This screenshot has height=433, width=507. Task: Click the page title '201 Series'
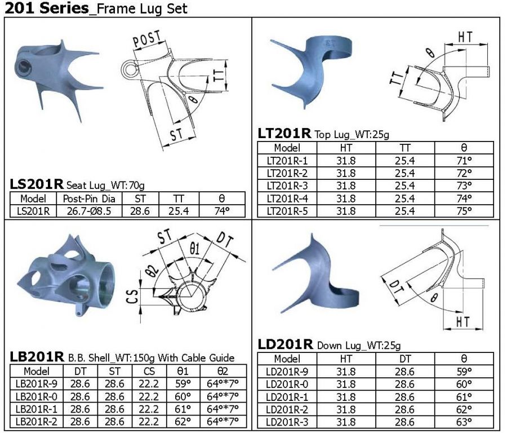pos(47,8)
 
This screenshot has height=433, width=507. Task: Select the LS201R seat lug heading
pos(36,184)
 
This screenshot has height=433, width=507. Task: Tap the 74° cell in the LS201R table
pos(222,211)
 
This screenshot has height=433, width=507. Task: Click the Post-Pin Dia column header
pos(89,198)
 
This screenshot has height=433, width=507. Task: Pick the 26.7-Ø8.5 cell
pos(89,211)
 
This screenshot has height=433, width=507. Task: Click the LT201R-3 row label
pos(287,185)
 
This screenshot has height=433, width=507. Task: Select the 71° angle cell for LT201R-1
pos(464,161)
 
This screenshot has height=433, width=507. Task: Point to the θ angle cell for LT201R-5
pos(464,211)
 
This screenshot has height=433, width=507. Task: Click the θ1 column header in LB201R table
pos(183,371)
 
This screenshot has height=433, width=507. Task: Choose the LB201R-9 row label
pos(36,384)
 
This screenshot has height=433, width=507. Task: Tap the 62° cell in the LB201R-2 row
pos(183,421)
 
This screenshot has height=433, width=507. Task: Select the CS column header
pos(149,371)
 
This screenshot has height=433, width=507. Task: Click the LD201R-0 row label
pos(287,384)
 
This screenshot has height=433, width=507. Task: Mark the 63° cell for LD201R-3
pos(464,422)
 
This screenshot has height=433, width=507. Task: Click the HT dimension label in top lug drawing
pos(465,37)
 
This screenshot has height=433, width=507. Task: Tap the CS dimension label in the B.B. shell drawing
pos(132,297)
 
